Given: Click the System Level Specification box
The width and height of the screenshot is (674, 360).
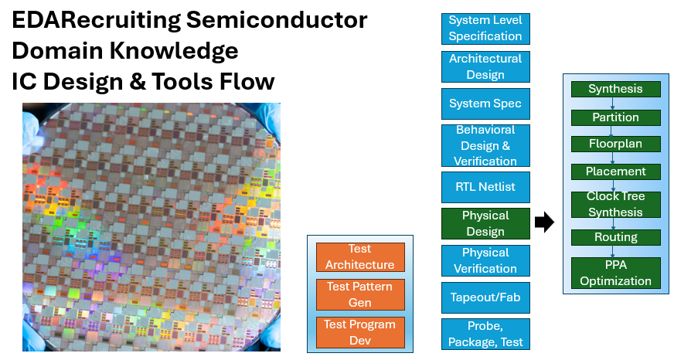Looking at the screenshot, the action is pyautogui.click(x=485, y=29).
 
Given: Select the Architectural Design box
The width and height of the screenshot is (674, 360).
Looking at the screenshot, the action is pyautogui.click(x=485, y=66).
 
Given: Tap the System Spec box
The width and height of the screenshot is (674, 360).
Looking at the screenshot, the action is pyautogui.click(x=485, y=104).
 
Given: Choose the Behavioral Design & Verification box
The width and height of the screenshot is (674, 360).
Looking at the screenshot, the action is pyautogui.click(x=485, y=146).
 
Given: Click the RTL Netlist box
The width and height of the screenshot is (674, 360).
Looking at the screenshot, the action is pyautogui.click(x=485, y=187).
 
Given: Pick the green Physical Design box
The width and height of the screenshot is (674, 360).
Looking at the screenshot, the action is pyautogui.click(x=485, y=223).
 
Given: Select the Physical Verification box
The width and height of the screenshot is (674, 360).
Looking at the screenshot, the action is pyautogui.click(x=485, y=260).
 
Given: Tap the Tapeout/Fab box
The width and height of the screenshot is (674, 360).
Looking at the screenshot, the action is pyautogui.click(x=485, y=297).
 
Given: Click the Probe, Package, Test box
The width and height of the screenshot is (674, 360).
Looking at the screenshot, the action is pyautogui.click(x=485, y=334).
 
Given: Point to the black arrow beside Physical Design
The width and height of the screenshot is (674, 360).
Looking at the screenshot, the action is pyautogui.click(x=544, y=222).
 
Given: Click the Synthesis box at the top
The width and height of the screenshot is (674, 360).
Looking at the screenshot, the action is pyautogui.click(x=615, y=89).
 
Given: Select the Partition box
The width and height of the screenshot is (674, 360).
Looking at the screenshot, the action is pyautogui.click(x=615, y=117).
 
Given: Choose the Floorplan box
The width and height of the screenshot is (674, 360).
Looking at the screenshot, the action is pyautogui.click(x=615, y=144).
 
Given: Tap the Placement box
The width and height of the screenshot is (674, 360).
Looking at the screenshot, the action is pyautogui.click(x=615, y=172).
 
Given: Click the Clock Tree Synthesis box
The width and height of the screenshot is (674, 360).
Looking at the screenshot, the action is pyautogui.click(x=615, y=205).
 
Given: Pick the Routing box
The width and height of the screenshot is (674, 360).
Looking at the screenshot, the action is pyautogui.click(x=615, y=237).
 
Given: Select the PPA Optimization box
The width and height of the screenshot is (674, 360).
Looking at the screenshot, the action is pyautogui.click(x=615, y=273).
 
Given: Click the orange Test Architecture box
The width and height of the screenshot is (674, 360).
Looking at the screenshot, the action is pyautogui.click(x=360, y=257).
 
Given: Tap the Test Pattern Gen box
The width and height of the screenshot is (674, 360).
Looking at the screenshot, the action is pyautogui.click(x=360, y=294).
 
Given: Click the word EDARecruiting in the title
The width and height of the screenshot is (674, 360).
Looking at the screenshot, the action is pyautogui.click(x=96, y=20).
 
